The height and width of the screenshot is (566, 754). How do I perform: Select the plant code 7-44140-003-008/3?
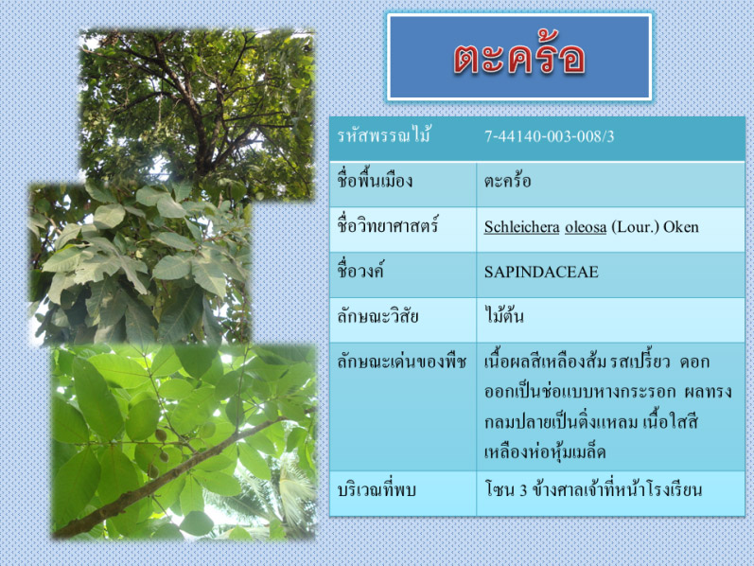(549, 136)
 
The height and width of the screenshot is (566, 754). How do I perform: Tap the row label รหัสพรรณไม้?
(384, 135)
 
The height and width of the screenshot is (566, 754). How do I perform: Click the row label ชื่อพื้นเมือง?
(375, 181)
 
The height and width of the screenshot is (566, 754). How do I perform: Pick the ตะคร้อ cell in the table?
(507, 181)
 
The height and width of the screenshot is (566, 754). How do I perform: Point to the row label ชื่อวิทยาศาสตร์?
(388, 225)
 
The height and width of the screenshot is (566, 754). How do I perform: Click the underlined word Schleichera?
(521, 227)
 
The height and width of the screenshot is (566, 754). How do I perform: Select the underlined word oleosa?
(586, 227)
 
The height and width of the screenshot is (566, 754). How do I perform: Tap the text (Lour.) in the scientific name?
(635, 227)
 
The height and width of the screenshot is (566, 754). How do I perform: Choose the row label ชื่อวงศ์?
(360, 271)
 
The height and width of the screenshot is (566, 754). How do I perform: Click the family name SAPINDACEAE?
(541, 272)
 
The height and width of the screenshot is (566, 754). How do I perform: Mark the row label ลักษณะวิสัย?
(377, 316)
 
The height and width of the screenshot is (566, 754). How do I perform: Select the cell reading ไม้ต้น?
(503, 316)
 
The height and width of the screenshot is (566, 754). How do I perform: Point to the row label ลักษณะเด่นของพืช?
(401, 362)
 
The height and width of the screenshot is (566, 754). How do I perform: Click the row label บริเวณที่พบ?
(376, 490)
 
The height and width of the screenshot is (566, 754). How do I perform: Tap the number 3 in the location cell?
(523, 490)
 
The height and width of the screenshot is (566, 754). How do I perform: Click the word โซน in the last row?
(500, 490)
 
